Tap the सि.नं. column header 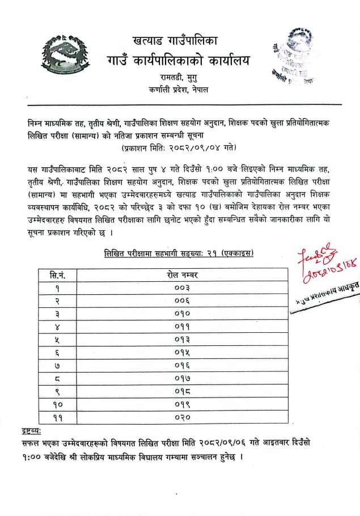click(x=58, y=275)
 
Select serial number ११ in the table click(x=58, y=418)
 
